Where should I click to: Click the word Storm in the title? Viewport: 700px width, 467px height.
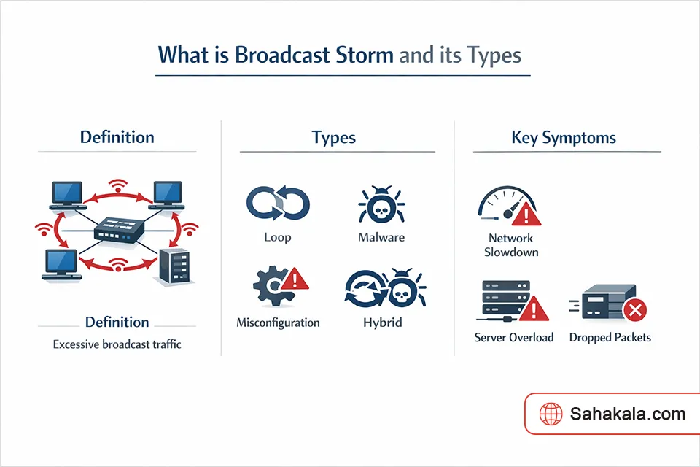361,55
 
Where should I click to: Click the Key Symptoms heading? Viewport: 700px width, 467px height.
563,137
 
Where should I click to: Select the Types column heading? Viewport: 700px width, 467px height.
333,137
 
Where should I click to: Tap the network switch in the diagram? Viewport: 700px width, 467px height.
120,231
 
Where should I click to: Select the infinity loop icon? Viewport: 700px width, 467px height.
279,204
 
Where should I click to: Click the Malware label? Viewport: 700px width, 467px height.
381,237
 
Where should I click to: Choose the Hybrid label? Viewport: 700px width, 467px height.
383,322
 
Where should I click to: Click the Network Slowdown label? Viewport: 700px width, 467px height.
511,245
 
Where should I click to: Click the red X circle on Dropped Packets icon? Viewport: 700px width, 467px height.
635,312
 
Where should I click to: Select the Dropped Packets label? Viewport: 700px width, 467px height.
610,337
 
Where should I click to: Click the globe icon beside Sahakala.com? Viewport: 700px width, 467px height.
551,414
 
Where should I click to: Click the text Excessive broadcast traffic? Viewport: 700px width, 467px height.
117,344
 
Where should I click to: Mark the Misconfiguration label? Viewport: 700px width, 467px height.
278,322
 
